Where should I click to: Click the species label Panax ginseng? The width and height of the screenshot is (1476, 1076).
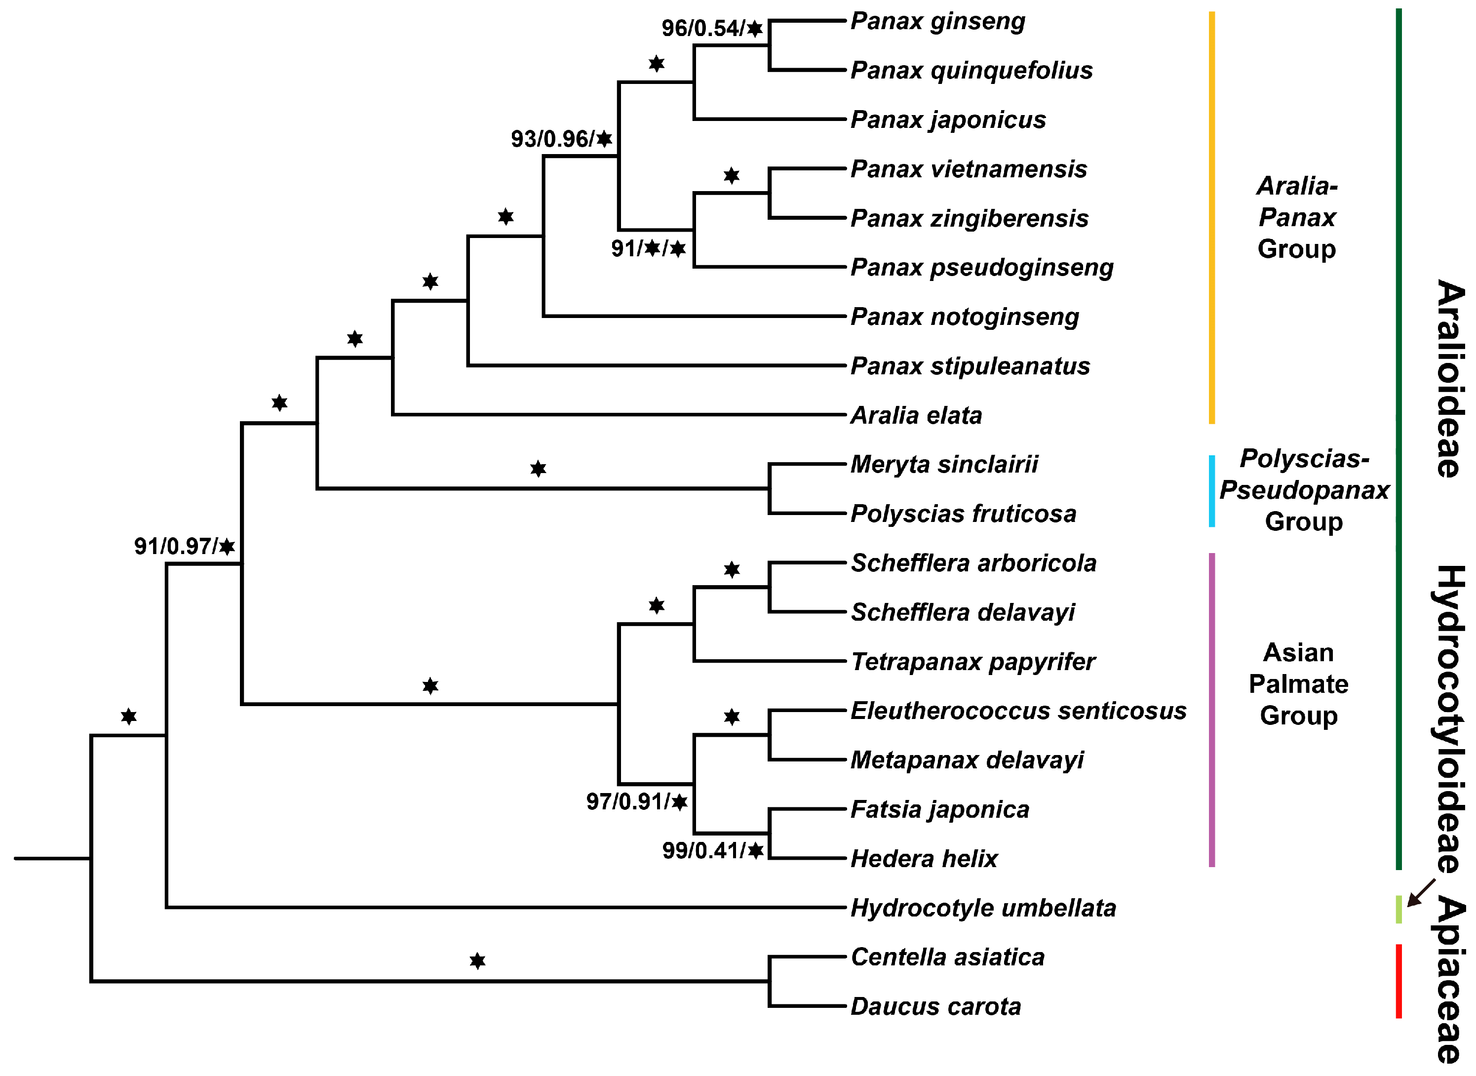937,22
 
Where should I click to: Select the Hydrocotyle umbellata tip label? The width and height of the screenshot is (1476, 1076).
983,908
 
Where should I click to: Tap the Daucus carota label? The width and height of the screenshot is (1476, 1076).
935,1006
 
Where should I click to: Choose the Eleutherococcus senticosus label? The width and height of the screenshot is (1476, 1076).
1018,711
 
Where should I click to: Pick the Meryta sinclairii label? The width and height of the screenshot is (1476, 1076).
944,464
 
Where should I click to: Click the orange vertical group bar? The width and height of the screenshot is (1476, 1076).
1212,218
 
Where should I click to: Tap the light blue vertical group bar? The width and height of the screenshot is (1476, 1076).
1212,491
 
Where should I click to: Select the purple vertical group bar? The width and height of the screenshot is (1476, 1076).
1212,710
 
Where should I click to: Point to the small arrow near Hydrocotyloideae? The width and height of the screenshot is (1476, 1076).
1421,892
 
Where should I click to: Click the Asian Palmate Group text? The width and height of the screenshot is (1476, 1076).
1298,684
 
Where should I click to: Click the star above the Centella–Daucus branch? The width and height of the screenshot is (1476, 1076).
477,961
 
